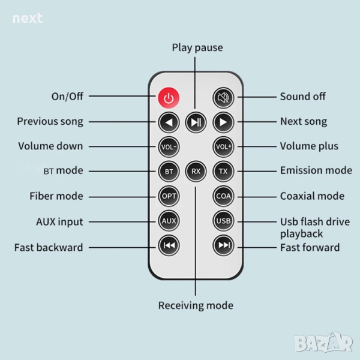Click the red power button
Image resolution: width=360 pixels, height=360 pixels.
coord(169,97)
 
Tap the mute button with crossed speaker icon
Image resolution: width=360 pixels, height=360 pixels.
coord(223,97)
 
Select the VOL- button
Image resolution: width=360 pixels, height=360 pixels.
coord(169,146)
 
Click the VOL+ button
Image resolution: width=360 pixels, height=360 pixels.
coord(223,146)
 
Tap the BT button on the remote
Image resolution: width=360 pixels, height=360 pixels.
coord(169,171)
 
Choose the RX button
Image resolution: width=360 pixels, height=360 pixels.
coord(196,171)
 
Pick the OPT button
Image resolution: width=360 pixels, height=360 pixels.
coord(169,196)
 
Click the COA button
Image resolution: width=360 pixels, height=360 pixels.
coord(223,196)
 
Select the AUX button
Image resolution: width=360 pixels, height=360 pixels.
coord(169,221)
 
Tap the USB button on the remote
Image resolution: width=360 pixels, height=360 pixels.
coord(223,221)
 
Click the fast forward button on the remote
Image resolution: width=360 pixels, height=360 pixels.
coord(223,245)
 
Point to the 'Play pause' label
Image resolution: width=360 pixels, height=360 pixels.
coord(197,47)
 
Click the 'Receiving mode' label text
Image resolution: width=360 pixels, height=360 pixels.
coord(196,305)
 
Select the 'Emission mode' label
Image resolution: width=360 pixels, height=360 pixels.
coord(316,170)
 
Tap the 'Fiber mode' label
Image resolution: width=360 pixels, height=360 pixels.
coord(56,196)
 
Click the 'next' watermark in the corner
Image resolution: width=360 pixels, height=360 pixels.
coord(28,18)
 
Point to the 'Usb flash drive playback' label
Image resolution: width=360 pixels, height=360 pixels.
coord(314,227)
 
